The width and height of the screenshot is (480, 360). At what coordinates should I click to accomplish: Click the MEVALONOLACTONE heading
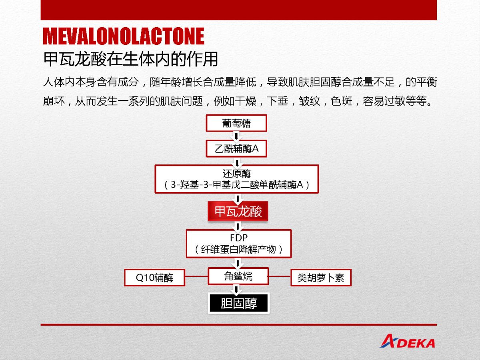pos(124,36)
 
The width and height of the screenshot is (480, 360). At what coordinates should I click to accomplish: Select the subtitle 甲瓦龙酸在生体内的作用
pos(130,59)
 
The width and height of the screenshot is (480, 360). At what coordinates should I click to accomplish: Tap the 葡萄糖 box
pos(236,123)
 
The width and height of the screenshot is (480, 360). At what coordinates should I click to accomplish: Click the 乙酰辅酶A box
pos(236,149)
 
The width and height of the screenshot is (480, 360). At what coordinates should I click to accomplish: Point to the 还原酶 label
pos(237,174)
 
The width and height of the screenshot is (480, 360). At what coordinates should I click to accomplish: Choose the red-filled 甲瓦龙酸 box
pos(238,211)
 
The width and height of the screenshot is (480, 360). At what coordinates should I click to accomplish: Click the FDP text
pos(239,238)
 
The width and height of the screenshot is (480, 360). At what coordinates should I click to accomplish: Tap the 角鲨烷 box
pos(238,276)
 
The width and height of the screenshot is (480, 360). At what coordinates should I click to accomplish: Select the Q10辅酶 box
pos(155,278)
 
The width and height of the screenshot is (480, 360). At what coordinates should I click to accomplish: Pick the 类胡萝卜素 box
pos(321,278)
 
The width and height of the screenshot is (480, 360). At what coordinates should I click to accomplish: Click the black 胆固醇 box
pos(238,303)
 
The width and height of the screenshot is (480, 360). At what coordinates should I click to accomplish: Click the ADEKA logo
pos(407,341)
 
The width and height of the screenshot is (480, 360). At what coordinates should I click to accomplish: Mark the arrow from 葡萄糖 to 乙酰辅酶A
pos(236,136)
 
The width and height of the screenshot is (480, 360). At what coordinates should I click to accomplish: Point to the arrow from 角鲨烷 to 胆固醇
pos(236,289)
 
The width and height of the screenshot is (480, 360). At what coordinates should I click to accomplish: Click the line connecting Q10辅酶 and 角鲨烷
pos(196,276)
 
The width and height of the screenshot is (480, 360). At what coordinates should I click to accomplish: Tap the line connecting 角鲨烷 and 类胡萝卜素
pos(280,276)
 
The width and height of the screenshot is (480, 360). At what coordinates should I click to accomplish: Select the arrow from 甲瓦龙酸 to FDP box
pos(238,226)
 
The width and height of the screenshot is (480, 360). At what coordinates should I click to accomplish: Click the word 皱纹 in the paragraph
pos(310,101)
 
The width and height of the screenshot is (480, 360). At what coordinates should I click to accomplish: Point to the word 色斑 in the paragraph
pos(342,101)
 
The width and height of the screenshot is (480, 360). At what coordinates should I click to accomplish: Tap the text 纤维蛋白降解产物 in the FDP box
pos(238,249)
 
